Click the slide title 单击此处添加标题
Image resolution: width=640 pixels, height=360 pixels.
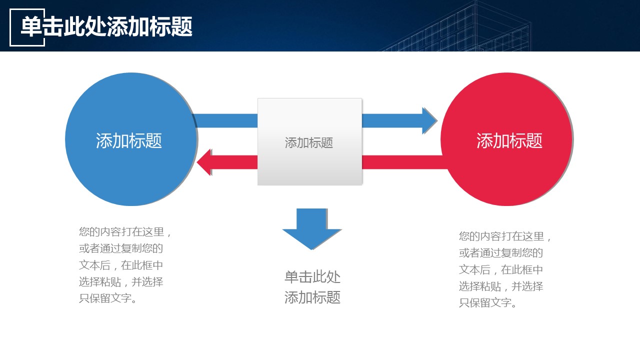click(106, 26)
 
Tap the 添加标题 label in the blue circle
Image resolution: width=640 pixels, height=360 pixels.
click(129, 141)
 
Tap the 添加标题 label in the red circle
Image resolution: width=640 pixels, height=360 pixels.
click(509, 141)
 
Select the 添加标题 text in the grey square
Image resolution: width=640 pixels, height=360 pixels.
click(309, 143)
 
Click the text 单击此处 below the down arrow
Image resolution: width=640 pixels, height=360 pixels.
click(312, 277)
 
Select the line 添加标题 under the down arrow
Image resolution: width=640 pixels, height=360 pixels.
click(312, 297)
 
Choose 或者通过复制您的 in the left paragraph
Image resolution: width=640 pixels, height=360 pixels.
click(121, 248)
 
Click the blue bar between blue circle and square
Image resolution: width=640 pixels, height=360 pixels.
click(226, 120)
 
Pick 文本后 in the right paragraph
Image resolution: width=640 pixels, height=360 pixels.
click(474, 269)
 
